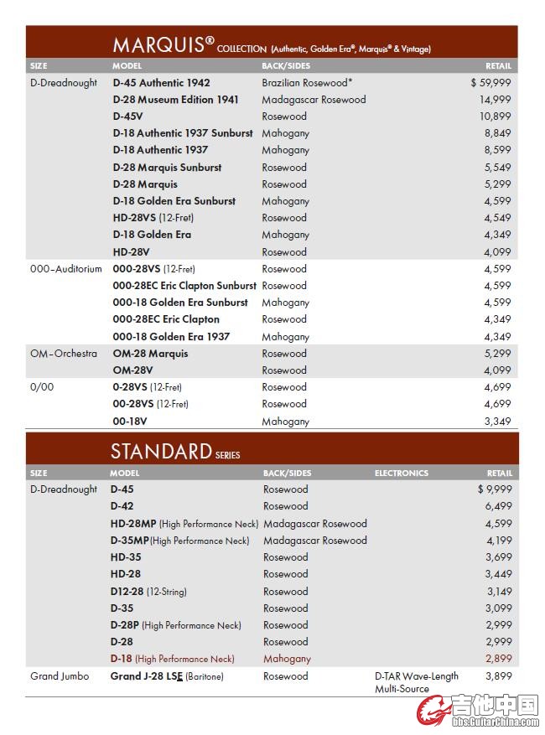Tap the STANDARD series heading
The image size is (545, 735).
coord(161,452)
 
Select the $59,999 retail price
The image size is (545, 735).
coord(490,83)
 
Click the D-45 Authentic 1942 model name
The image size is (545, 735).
coord(161,83)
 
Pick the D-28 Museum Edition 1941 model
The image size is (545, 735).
coord(175,100)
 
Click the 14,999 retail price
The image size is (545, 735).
coord(495,100)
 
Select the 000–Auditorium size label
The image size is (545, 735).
coord(66,269)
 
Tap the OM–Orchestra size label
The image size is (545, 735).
coord(64,354)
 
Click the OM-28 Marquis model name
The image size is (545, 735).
coord(150,354)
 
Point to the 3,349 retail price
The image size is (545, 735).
coord(497,422)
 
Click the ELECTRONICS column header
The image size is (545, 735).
coord(401,474)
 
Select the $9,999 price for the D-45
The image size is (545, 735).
coord(494,489)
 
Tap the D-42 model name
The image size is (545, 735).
coord(122,506)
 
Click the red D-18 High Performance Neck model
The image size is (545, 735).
coord(172,659)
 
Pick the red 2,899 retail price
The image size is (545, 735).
coord(498,659)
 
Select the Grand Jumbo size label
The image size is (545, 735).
coord(60,676)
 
